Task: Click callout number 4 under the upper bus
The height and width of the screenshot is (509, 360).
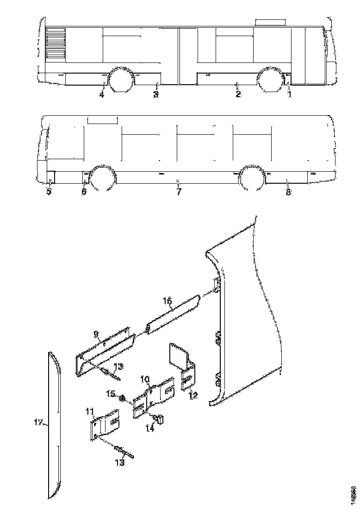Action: (x=101, y=95)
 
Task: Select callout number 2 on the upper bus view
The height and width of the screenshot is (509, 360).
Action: (x=238, y=94)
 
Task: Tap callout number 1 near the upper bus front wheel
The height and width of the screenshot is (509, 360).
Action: (x=290, y=94)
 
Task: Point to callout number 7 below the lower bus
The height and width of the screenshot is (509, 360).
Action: (x=179, y=191)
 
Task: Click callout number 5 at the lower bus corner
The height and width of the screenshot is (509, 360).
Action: (x=49, y=191)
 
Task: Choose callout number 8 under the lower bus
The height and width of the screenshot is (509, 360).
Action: (x=84, y=191)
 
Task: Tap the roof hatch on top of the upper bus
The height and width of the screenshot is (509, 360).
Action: (x=270, y=22)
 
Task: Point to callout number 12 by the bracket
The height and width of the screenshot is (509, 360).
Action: (x=193, y=396)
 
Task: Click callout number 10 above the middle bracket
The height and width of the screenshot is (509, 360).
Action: (x=145, y=379)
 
